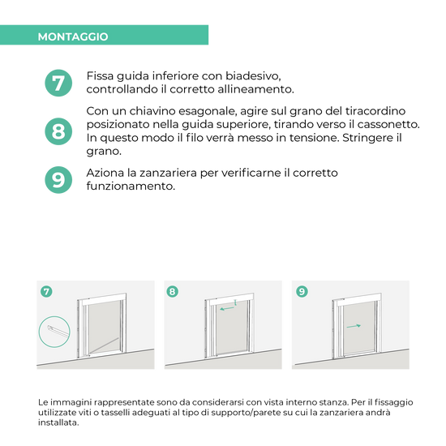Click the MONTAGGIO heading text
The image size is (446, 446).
click(x=73, y=36)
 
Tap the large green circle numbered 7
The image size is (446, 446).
click(x=58, y=83)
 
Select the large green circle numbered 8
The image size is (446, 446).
click(x=58, y=131)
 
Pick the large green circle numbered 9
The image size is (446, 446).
click(x=58, y=180)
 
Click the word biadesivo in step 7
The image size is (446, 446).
click(x=253, y=76)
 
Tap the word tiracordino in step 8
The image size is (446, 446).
click(x=375, y=110)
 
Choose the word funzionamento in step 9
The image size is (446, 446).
click(x=131, y=187)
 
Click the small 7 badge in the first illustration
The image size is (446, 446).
click(x=46, y=292)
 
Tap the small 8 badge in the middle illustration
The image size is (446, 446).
click(x=173, y=292)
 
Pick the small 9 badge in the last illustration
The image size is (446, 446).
click(x=302, y=292)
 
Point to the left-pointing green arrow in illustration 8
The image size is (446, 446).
click(x=227, y=308)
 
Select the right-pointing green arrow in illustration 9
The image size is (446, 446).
click(x=354, y=326)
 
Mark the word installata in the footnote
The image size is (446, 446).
click(x=58, y=422)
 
